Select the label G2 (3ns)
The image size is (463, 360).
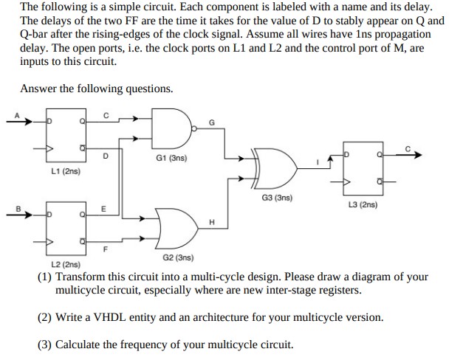(177, 257)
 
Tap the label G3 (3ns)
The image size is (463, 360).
(277, 198)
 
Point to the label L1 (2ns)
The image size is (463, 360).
(66, 170)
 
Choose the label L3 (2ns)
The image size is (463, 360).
(362, 204)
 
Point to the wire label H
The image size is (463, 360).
(212, 222)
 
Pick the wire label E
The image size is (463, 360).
(104, 208)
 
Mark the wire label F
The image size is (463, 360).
(104, 248)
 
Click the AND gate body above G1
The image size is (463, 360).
(171, 128)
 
